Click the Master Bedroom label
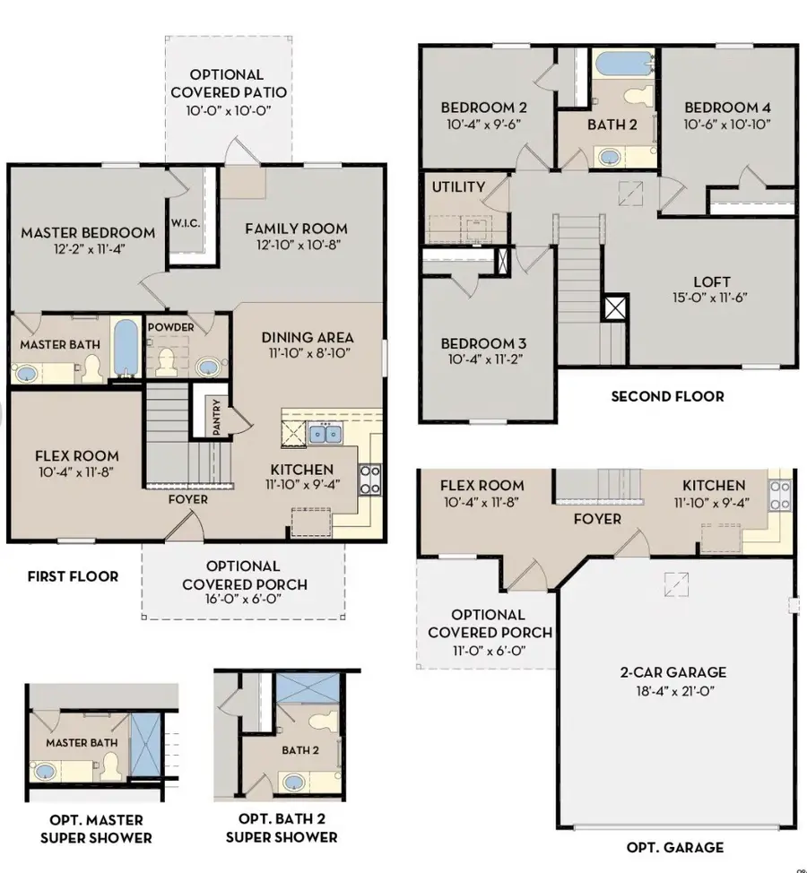88,233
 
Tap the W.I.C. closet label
186,223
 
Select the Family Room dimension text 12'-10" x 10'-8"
299,245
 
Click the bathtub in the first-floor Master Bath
126,347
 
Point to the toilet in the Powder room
166,362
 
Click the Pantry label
217,417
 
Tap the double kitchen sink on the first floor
325,434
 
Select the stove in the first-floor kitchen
369,480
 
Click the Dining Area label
308,337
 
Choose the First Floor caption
73,576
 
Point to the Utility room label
458,187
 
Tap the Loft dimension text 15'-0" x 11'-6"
710,298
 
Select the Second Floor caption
668,396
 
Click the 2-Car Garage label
673,672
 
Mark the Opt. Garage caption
675,847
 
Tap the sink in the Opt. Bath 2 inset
293,782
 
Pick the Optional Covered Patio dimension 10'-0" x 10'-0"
229,110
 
